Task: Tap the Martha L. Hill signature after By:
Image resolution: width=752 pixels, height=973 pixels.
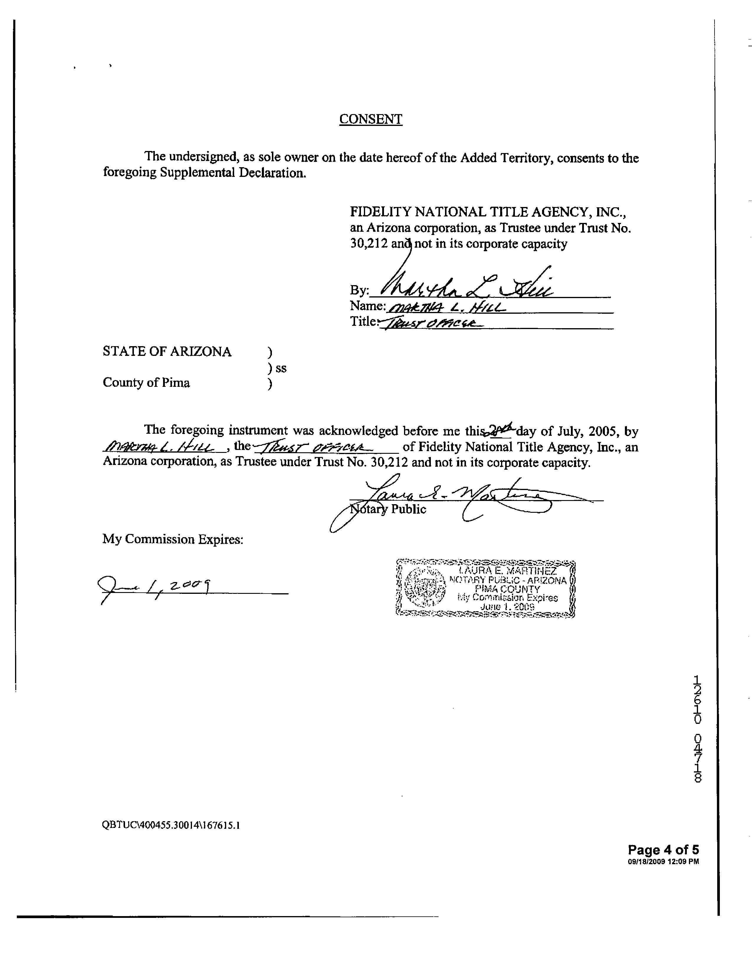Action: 463,285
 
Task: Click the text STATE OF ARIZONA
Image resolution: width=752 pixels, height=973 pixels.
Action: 167,352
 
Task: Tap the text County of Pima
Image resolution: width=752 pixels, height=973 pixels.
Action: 146,383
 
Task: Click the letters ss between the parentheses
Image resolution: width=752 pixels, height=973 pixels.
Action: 281,369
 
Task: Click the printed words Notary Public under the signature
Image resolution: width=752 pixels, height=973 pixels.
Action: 388,509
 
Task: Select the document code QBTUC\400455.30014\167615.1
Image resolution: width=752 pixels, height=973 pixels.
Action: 171,825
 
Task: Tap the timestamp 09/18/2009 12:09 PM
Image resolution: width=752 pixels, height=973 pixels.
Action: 663,862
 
